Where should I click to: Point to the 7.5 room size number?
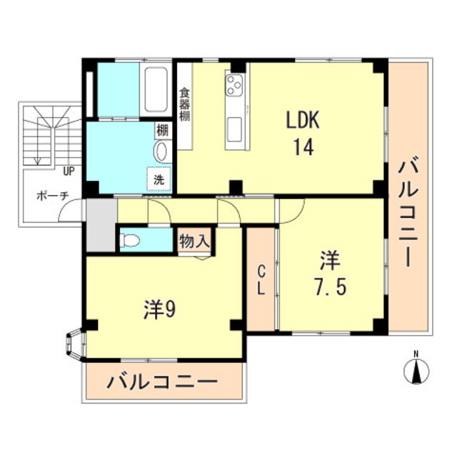(x=329, y=286)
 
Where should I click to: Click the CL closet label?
(x=261, y=281)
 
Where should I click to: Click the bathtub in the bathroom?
(x=156, y=89)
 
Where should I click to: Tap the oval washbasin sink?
(x=161, y=151)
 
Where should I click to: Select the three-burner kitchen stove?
(x=235, y=86)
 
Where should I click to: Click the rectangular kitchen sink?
(x=236, y=129)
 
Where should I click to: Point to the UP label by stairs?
(x=69, y=171)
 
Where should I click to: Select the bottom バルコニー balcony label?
(x=162, y=383)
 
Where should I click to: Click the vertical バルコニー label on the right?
(x=408, y=214)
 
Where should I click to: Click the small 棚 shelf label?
(x=162, y=131)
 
